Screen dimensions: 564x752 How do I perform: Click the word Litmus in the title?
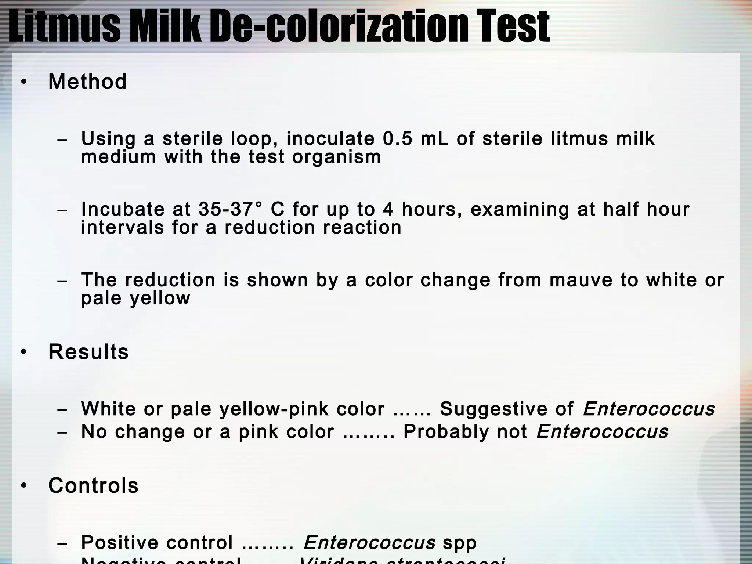click(65, 26)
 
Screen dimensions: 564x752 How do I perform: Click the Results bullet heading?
click(88, 352)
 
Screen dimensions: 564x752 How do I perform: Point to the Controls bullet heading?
click(93, 485)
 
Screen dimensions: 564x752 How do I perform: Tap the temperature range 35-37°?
click(231, 209)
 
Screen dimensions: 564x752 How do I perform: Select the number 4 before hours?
click(388, 209)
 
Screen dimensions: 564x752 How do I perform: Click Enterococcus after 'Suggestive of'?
click(649, 409)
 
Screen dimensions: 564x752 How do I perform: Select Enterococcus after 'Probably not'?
click(602, 432)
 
